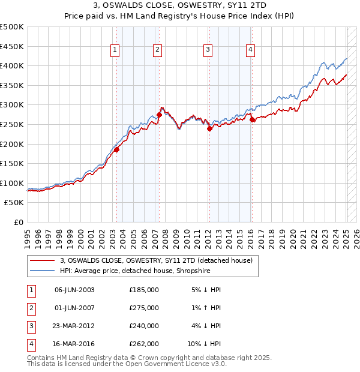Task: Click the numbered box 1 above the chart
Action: [115, 50]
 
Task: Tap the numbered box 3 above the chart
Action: [208, 50]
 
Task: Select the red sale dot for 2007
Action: [159, 115]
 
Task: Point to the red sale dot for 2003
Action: [117, 150]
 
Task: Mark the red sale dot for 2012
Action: [209, 128]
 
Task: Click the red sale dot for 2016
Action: [252, 120]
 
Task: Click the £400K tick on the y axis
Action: [12, 66]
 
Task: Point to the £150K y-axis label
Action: [12, 163]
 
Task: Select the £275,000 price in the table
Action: [144, 308]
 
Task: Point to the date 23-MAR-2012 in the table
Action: [74, 326]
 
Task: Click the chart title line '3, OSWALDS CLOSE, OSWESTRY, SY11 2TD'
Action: [179, 6]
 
